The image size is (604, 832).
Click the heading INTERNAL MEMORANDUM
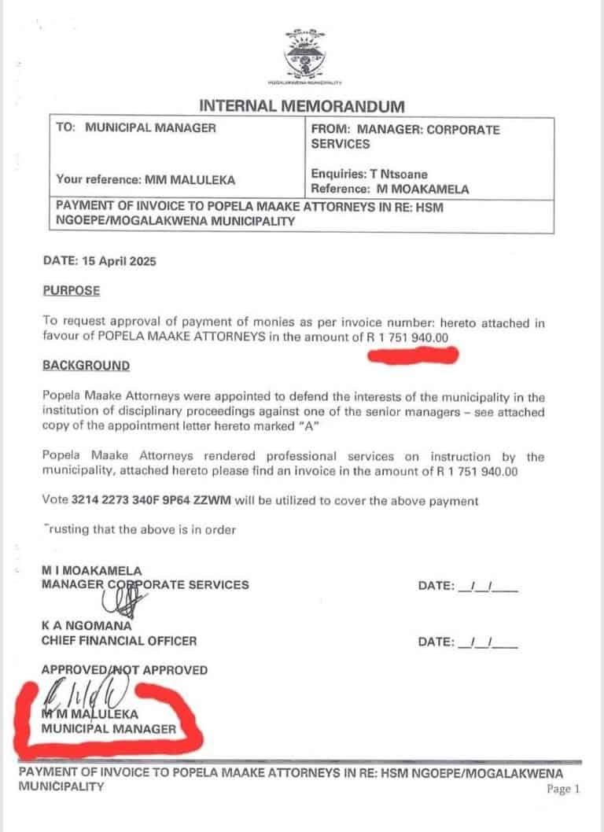pos(302,105)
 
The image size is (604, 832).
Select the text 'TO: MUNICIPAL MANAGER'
pos(136,127)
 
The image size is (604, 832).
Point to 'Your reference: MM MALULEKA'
pos(145,179)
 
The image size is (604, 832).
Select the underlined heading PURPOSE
pos(72,290)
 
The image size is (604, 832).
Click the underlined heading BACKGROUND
pos(86,366)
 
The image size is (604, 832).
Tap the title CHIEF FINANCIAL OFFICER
pos(119,641)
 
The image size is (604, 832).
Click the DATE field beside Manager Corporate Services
pos(468,586)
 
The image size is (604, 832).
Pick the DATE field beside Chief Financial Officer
pos(468,642)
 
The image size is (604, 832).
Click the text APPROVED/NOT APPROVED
pos(124,670)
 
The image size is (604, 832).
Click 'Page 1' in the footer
pos(563,789)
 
